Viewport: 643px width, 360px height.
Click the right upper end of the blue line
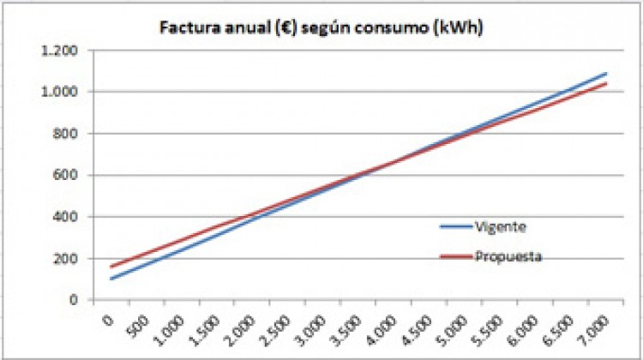606,74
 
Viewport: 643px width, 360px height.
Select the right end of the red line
606,84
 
